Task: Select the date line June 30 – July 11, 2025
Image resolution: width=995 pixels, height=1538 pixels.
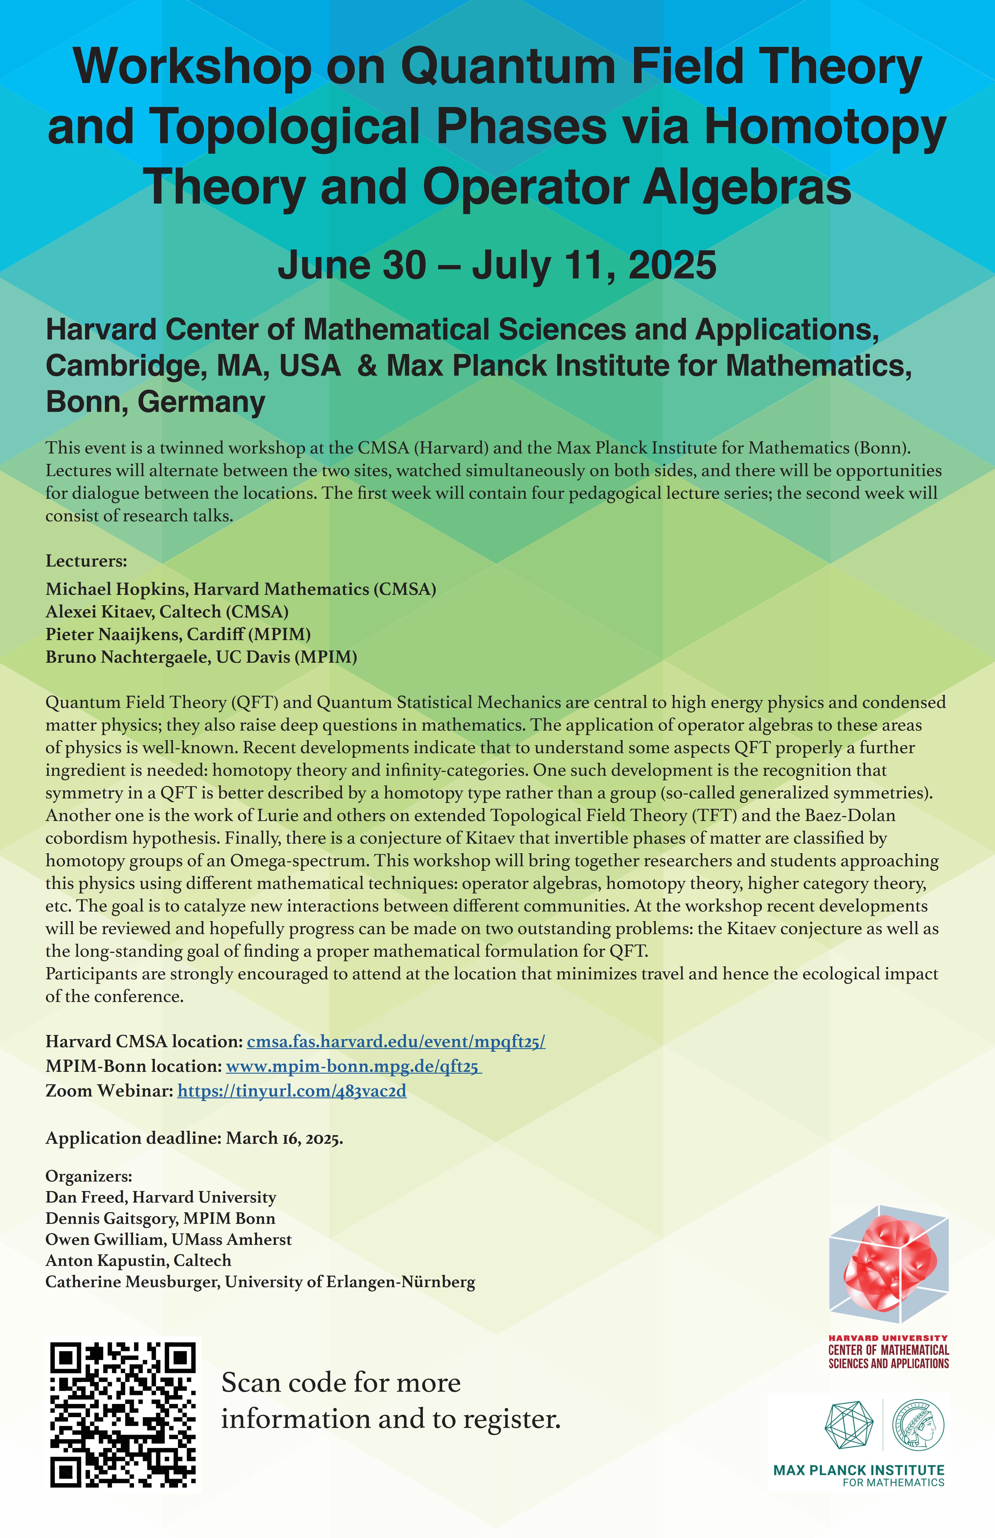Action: click(x=497, y=265)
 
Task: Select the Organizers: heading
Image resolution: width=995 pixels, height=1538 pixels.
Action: click(x=88, y=1176)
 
